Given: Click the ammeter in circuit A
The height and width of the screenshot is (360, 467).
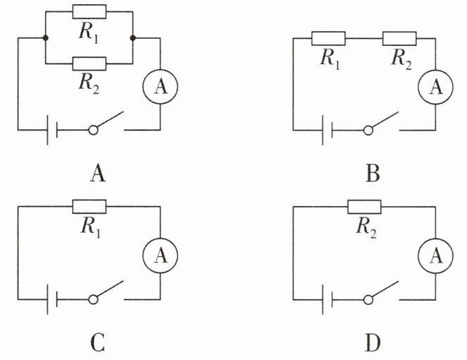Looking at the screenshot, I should coord(161,87).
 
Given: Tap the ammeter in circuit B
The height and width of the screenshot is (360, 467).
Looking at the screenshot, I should coord(436,87).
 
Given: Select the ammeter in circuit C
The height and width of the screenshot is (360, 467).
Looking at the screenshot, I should coord(161,257).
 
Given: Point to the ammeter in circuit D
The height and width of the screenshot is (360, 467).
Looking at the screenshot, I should coord(436,257).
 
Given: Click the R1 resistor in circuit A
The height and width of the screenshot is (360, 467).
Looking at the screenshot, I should coord(90,11).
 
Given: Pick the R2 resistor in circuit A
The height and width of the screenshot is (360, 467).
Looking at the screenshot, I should coord(90,64).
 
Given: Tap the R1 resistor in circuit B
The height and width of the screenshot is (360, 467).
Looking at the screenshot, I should coord(329,37).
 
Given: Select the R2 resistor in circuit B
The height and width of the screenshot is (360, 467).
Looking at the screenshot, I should coord(399,37).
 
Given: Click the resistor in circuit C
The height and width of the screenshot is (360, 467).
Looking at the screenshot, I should coord(90,206).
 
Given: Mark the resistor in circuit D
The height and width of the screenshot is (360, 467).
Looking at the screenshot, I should coord(364,206).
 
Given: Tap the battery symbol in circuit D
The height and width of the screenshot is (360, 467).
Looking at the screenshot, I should coord(327,300).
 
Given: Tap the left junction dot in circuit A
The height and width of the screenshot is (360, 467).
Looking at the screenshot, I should coord(45,37).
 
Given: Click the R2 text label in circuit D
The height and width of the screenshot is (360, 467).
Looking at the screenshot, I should coord(365,227).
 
